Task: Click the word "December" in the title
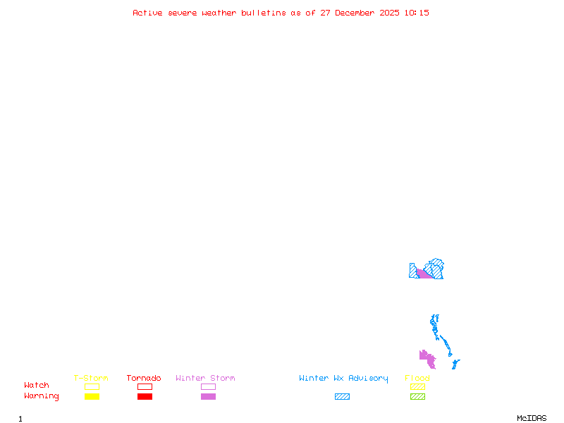click(x=356, y=13)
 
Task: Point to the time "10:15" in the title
click(x=417, y=13)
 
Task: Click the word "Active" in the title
click(x=147, y=13)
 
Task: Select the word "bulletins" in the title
click(x=264, y=13)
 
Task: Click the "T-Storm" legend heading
click(x=91, y=379)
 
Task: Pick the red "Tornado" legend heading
click(x=144, y=379)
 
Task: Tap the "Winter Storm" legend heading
click(x=205, y=379)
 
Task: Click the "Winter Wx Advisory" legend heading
click(x=343, y=379)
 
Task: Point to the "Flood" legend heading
click(x=417, y=379)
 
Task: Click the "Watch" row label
click(x=37, y=386)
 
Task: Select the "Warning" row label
click(x=41, y=396)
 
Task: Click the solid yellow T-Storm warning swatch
click(x=92, y=396)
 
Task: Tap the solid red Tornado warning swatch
click(x=145, y=396)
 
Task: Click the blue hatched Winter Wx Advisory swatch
click(x=342, y=396)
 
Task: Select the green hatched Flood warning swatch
click(x=417, y=396)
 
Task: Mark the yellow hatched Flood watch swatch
click(x=417, y=386)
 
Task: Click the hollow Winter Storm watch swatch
click(x=208, y=386)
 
